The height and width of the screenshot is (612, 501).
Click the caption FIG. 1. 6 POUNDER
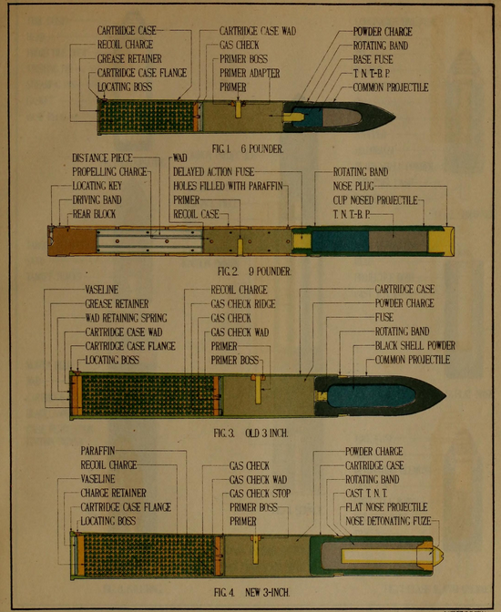pos(248,148)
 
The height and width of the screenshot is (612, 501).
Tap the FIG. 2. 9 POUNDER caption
pos(254,271)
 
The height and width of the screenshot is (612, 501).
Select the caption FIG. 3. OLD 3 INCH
pos(250,433)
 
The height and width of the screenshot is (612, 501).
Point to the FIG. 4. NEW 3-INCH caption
pos(252,593)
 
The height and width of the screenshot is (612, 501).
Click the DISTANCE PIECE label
pos(102,158)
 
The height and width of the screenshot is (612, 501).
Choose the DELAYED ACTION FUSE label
pos(213,172)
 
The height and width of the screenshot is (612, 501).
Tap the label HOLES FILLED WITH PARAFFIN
pos(228,186)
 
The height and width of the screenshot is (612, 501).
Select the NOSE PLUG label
pos(353,186)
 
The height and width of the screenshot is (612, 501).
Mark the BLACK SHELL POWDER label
pos(415,346)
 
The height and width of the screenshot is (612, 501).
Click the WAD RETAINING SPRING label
pos(126,318)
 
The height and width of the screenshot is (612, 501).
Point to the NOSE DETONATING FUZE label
pos(388,521)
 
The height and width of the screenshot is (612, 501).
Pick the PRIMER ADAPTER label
pos(250,73)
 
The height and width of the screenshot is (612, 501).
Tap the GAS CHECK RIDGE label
pos(243,304)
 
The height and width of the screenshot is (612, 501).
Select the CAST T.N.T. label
pos(366,494)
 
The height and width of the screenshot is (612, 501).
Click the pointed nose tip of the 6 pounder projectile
pos(394,117)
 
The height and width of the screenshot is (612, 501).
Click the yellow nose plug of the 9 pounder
pos(441,240)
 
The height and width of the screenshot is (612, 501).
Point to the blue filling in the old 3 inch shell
pos(370,396)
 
